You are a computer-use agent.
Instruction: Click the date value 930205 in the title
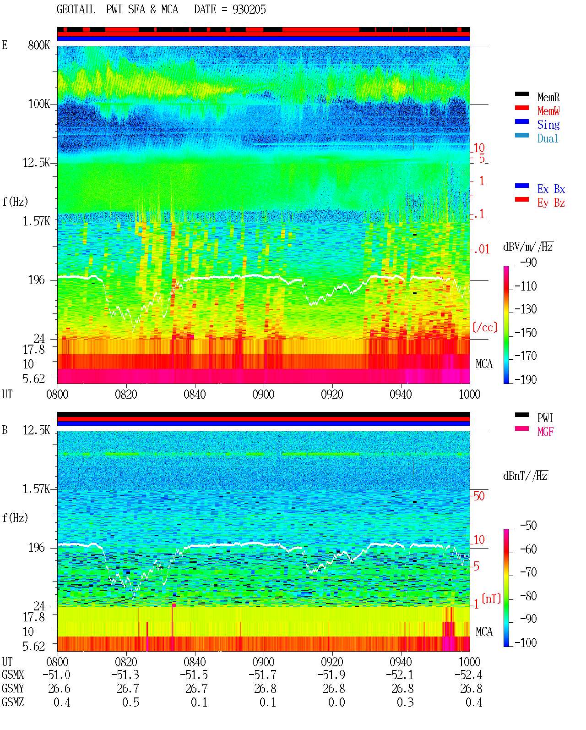pos(249,10)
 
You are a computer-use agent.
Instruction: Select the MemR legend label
pos(548,97)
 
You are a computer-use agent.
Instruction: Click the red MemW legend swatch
pos(521,108)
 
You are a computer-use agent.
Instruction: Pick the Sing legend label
pos(548,125)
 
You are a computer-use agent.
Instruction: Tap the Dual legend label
pos(548,138)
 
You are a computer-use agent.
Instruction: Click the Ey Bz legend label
pos(551,203)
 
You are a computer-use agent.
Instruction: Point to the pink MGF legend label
pos(545,432)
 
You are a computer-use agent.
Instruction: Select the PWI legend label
pos(545,418)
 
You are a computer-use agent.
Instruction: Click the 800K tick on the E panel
pos(38,45)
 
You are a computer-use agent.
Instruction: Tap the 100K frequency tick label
pos(39,104)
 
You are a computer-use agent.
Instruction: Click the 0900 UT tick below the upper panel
pos(263,395)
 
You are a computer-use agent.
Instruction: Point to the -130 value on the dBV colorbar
pos(526,309)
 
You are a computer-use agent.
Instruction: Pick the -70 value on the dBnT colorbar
pos(528,572)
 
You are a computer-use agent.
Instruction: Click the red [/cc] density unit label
pos(485,328)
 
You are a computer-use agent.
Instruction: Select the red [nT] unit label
pos(491,599)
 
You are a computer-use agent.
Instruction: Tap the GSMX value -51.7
pos(262,675)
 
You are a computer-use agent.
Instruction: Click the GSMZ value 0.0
pos(336,703)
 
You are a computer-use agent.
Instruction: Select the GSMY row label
pos(13,689)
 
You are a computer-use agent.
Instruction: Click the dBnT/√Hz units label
pos(526,476)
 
